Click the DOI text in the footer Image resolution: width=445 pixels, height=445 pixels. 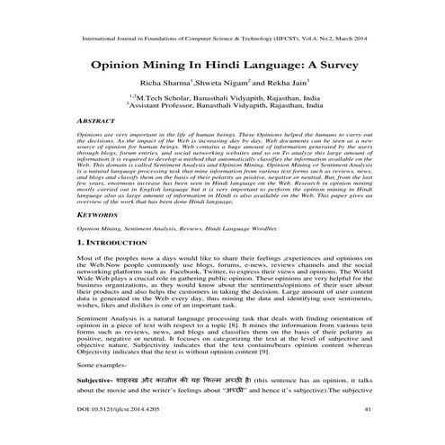pyautogui.click(x=114, y=433)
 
